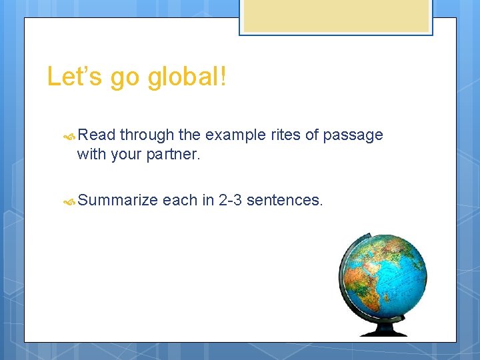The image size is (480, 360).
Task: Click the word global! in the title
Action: click(x=187, y=77)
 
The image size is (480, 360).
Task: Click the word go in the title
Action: click(x=125, y=78)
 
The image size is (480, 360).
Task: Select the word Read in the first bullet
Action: click(x=97, y=135)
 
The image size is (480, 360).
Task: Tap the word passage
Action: click(x=353, y=136)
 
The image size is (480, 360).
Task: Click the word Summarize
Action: click(x=117, y=200)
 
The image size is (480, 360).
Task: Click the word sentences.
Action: click(x=285, y=200)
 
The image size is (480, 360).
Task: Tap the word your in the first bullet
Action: click(x=127, y=155)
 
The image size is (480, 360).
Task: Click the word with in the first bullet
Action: click(x=90, y=155)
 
